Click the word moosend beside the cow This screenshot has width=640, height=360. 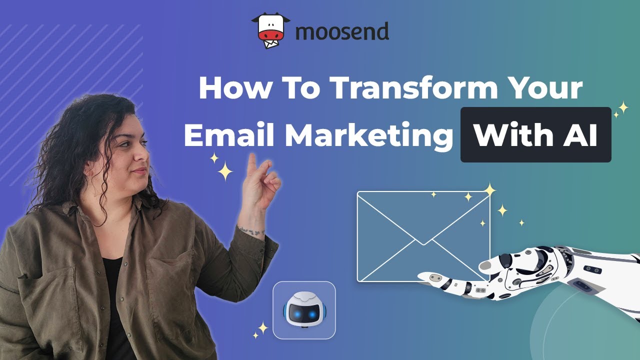click(342, 32)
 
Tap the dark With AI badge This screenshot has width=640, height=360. click(535, 135)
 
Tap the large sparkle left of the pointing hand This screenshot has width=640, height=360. click(225, 172)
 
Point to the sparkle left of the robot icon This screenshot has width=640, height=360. click(261, 328)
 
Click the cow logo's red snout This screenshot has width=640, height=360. click(270, 36)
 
